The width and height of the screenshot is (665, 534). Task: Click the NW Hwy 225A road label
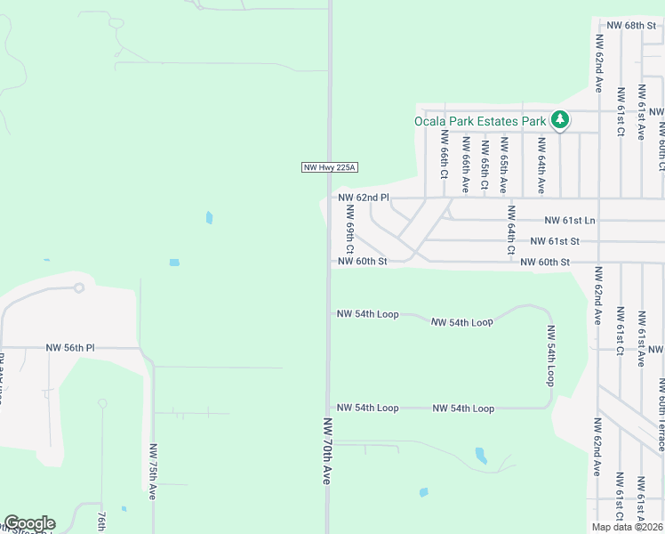coord(322,167)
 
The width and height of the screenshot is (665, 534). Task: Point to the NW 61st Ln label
coord(570,220)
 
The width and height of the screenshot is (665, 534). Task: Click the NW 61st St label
coord(555,241)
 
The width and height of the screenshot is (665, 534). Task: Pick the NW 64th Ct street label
coord(511,230)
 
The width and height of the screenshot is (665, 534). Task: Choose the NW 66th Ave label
coord(465,166)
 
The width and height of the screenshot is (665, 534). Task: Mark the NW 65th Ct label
coord(485,165)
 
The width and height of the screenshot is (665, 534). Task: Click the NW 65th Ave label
coord(503,166)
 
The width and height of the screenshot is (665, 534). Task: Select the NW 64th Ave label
coord(541,166)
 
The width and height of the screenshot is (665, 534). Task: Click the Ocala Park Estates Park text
coord(480,121)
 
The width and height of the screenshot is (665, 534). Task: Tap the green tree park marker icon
coord(559,118)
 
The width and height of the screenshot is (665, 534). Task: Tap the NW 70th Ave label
coord(327,451)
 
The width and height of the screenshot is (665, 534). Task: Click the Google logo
coord(29,523)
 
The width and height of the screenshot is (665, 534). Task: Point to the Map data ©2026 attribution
coord(627,527)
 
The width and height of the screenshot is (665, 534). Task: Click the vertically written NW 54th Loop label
coord(551,354)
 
